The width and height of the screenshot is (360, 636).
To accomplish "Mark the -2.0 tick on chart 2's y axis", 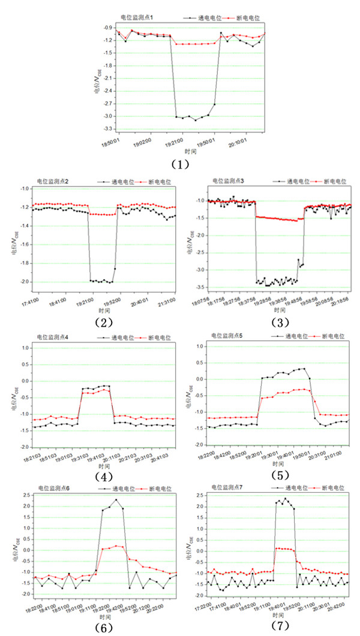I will click(24, 282).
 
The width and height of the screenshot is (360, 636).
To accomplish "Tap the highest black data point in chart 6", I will click(116, 500).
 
